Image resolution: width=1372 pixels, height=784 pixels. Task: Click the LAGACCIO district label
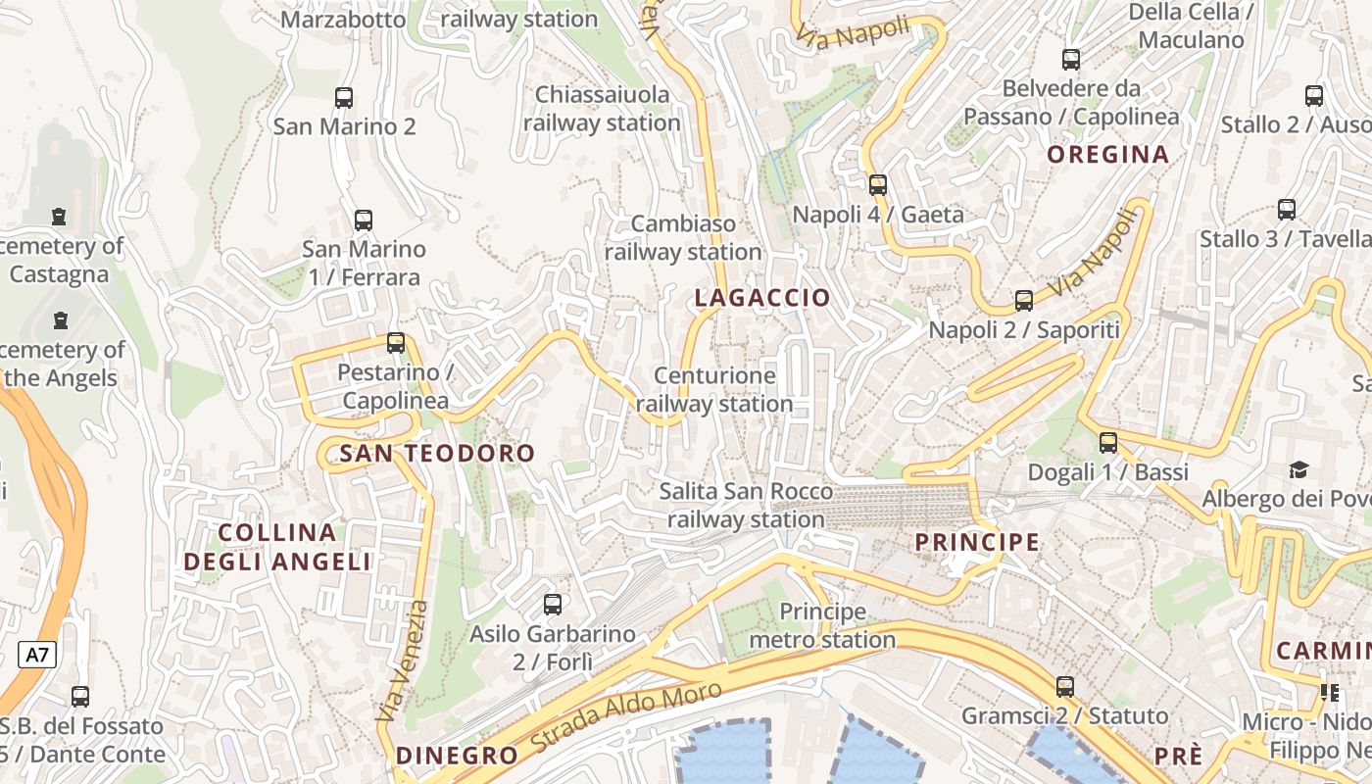[x=762, y=298]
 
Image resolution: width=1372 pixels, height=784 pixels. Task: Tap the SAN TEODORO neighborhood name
[x=437, y=453]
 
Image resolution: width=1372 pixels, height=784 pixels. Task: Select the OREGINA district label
[x=1107, y=154]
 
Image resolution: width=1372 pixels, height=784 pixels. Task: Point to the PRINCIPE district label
[x=976, y=542]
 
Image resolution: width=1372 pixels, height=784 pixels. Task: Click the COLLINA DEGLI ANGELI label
[x=278, y=547]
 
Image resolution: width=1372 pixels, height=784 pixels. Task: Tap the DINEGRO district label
[x=457, y=756]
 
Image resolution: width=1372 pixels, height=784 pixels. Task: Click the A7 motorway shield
[x=36, y=656]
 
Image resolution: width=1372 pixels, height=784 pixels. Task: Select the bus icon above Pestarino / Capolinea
[x=396, y=343]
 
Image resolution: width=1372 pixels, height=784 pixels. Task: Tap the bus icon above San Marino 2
[x=344, y=98]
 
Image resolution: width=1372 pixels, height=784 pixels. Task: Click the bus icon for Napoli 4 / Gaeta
[x=878, y=184]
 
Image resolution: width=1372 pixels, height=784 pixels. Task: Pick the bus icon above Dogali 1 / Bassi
[x=1108, y=443]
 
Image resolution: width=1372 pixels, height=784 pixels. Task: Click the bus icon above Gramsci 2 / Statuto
[x=1065, y=687]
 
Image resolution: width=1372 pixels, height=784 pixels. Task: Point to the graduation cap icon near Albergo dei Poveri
[x=1298, y=470]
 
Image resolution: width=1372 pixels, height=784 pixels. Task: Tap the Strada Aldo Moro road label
[x=626, y=718]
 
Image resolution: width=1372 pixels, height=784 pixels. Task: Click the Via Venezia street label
[x=403, y=661]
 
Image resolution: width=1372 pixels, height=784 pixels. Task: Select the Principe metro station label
[x=822, y=626]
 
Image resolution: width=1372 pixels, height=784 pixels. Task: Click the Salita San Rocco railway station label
[x=746, y=506]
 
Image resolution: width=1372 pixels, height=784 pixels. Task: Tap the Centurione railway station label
[x=714, y=389]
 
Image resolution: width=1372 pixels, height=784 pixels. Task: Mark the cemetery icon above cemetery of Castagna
[x=60, y=216]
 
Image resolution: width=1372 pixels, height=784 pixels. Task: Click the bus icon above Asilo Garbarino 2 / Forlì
[x=553, y=605]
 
